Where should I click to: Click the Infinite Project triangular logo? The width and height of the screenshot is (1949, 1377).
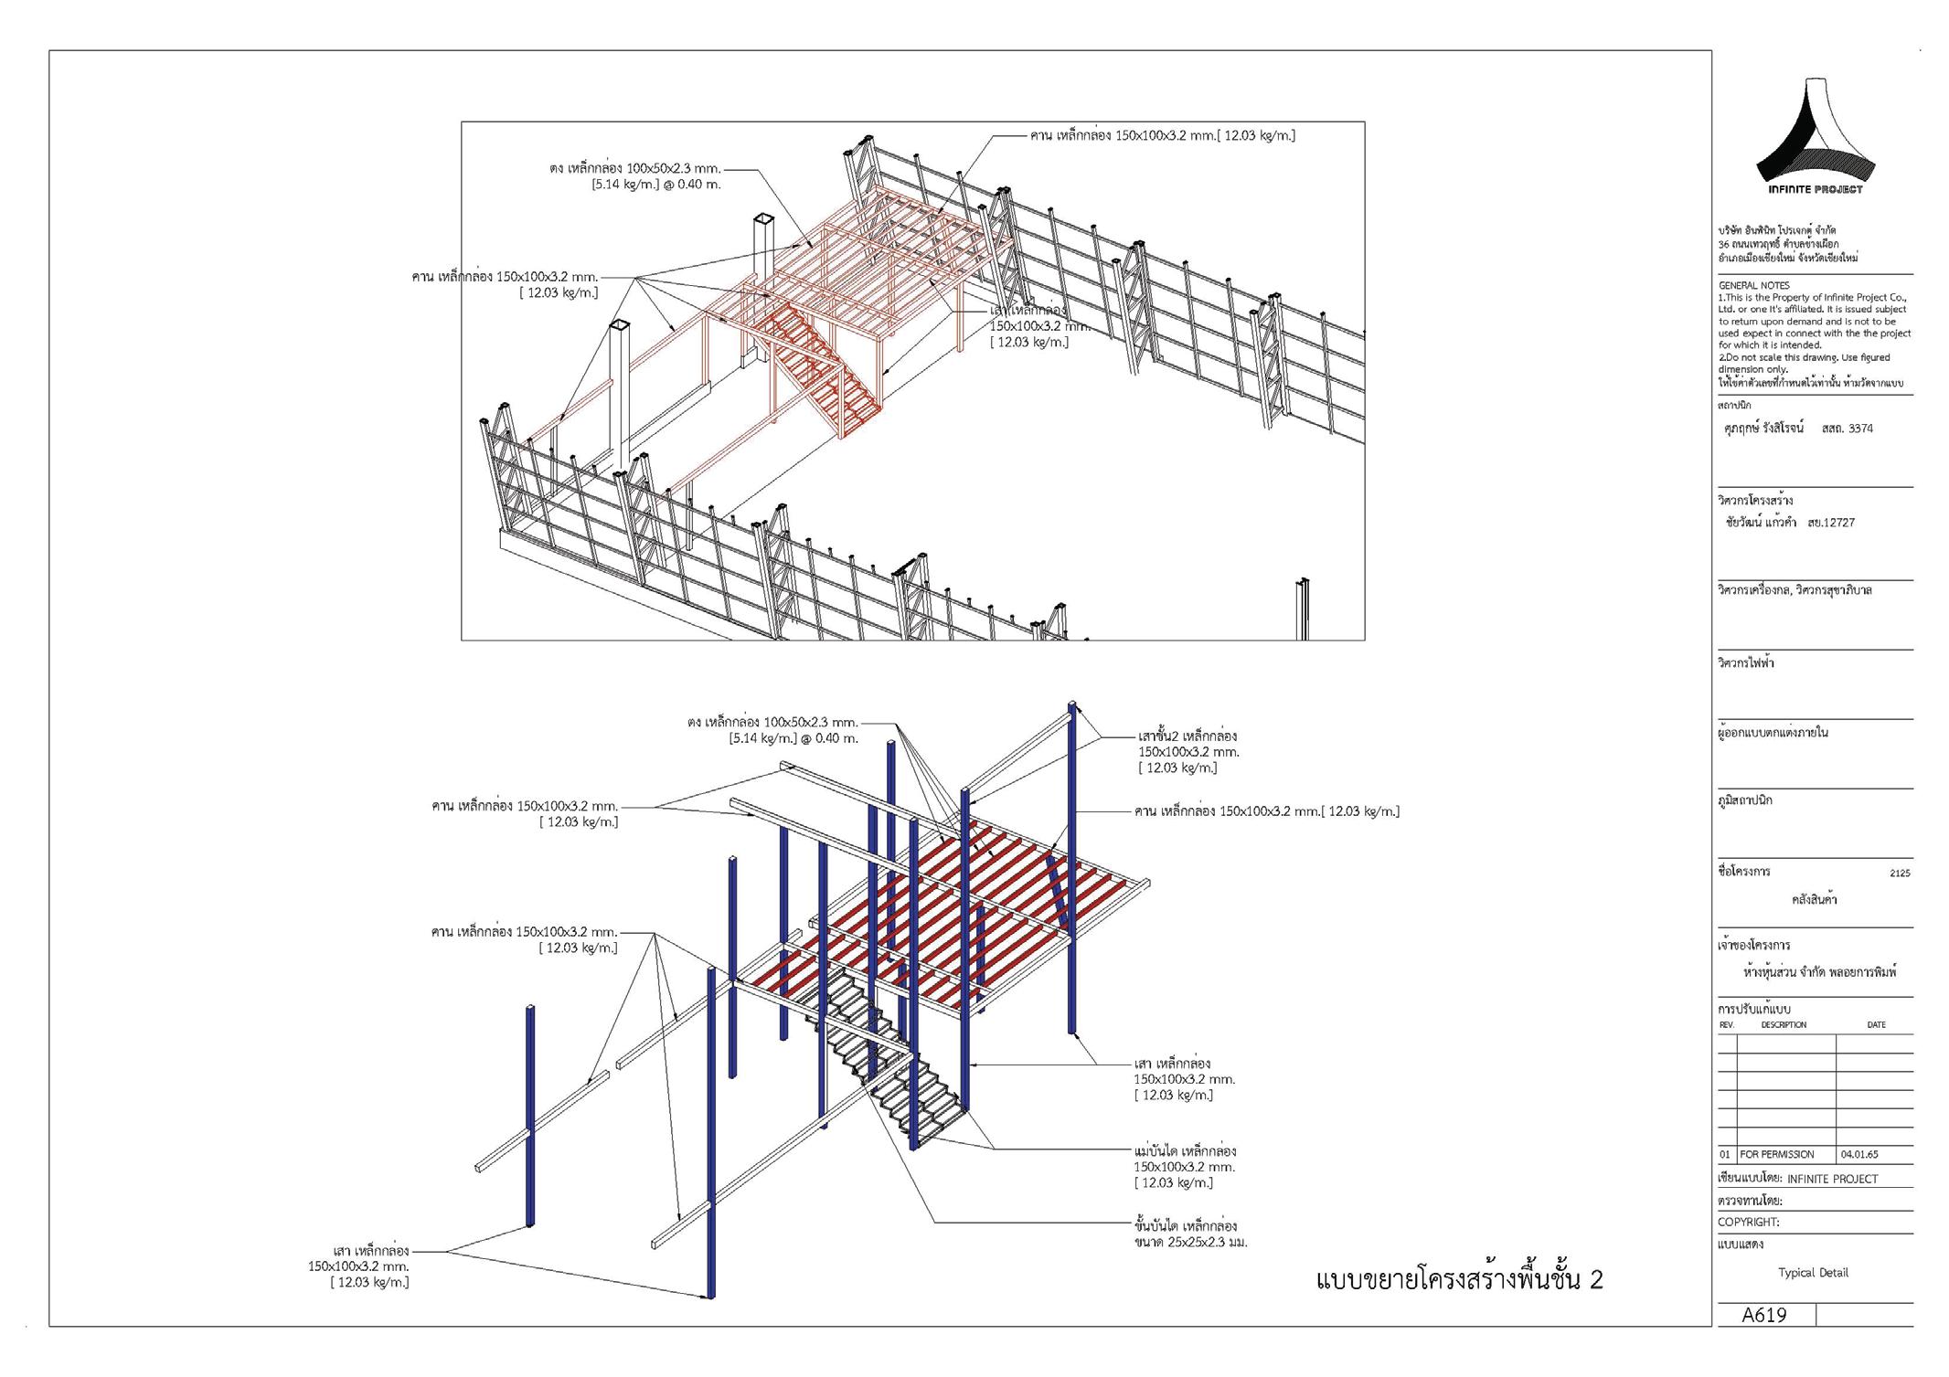click(1816, 137)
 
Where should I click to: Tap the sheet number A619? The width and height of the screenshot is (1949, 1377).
click(1763, 1315)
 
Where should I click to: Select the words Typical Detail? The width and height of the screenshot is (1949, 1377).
click(1813, 1272)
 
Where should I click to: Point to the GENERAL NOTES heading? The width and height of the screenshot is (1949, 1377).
click(1753, 286)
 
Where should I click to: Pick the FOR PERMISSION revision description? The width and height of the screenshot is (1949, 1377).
click(1776, 1154)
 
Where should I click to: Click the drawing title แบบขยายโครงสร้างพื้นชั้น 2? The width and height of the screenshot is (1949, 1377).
click(1459, 1279)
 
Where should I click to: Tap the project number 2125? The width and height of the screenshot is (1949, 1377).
click(1899, 873)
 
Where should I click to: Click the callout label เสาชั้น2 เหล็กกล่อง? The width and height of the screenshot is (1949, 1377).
click(1187, 736)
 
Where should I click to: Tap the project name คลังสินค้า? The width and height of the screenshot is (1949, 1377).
click(1814, 900)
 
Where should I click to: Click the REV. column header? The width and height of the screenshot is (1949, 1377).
click(1726, 1025)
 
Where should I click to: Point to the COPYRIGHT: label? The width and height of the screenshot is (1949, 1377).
click(1748, 1222)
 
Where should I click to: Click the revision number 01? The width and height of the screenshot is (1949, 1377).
click(1726, 1154)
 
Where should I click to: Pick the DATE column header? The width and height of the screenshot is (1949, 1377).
click(1876, 1025)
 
